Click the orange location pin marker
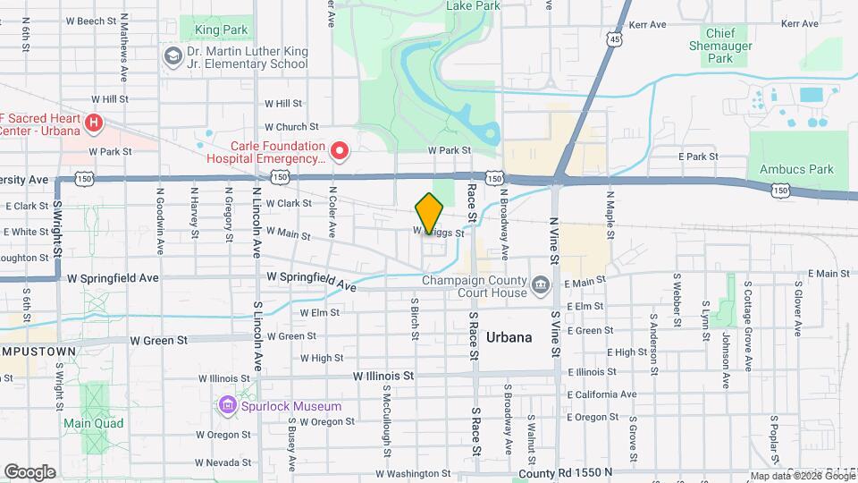coord(429,213)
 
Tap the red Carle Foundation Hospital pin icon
coord(340,152)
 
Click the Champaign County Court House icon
coord(541,286)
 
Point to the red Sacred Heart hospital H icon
coord(94,120)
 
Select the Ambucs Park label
coord(795,169)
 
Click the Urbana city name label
coord(510,337)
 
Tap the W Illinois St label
coord(383,377)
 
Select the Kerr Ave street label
coord(648,24)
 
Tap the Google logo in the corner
coord(29,471)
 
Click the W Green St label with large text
coord(158,340)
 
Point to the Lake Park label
coord(473,5)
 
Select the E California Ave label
coord(602,394)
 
